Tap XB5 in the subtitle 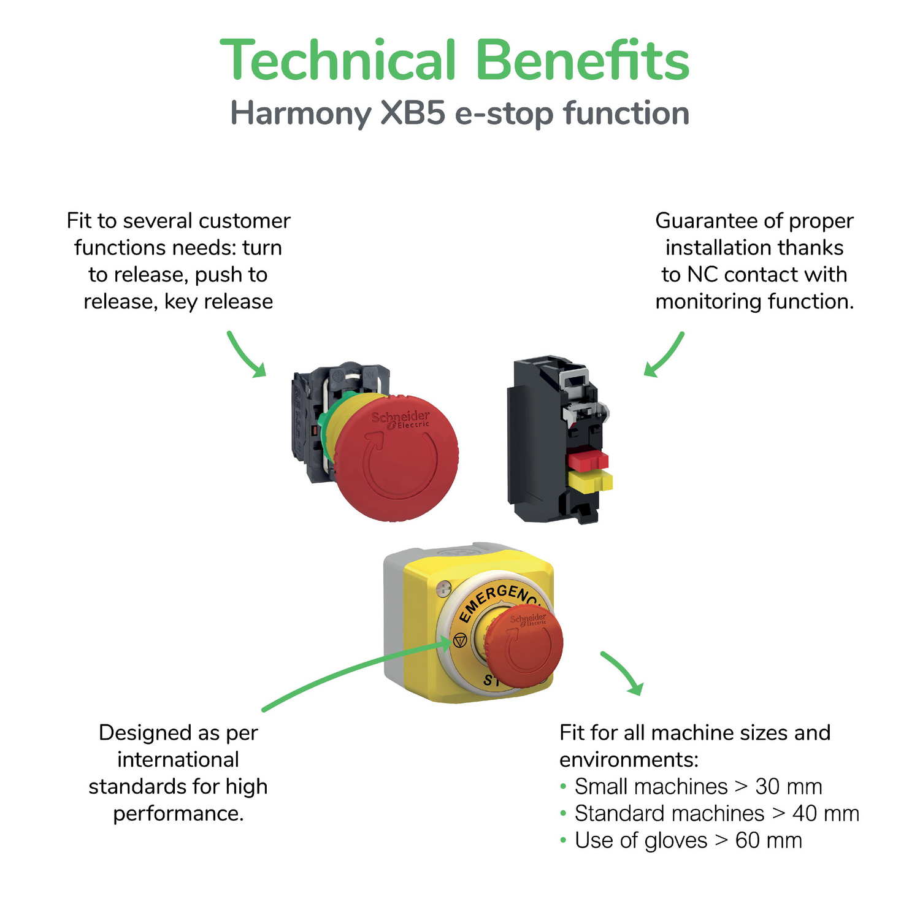413,113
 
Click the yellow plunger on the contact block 590,481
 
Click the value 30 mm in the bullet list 788,786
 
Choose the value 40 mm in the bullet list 826,813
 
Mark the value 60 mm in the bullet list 769,840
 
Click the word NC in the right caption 702,274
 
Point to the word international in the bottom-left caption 178,759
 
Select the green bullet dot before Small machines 563,786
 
